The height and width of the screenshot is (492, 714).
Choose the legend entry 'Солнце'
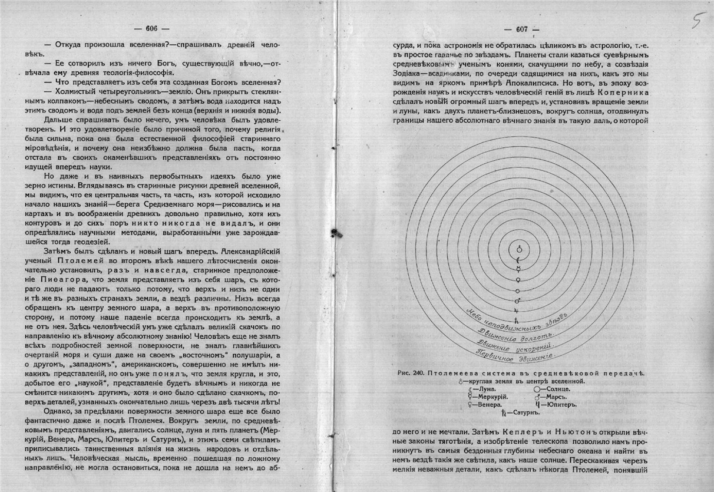coord(552,389)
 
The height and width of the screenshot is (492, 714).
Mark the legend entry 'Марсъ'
coord(551,397)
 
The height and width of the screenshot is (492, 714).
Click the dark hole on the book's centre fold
coord(337,231)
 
